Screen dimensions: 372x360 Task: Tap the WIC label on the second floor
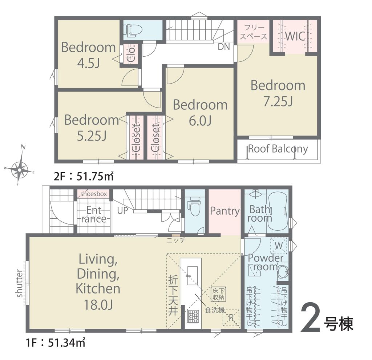[295, 36]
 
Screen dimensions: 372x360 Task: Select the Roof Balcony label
[278, 149]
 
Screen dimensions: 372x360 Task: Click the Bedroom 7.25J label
[278, 93]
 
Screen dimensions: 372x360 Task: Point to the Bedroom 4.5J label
[89, 55]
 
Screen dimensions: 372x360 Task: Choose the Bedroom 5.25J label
[92, 128]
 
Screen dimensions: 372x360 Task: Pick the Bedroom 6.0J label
[200, 113]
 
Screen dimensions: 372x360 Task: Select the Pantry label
[225, 211]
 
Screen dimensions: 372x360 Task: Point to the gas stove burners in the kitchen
[193, 316]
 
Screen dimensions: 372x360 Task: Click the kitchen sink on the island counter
[193, 275]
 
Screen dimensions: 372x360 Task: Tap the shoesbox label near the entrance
[94, 194]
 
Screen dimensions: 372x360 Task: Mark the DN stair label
[224, 47]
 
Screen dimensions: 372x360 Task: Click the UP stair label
[123, 210]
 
